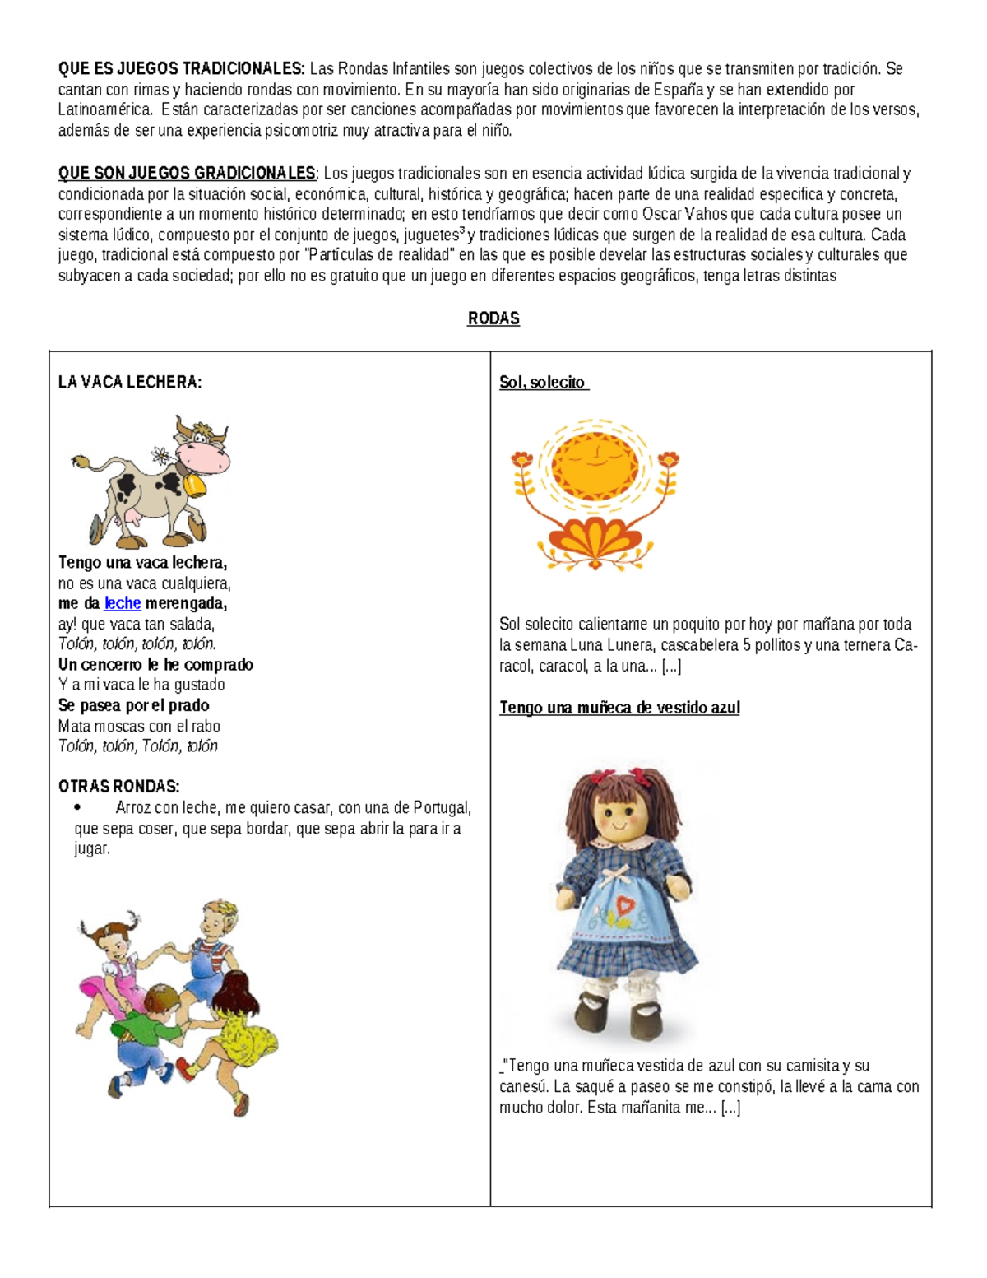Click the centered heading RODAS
[x=493, y=318]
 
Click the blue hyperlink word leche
[x=123, y=603]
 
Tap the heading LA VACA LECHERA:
[x=130, y=382]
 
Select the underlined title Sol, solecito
[x=543, y=382]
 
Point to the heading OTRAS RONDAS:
[x=118, y=787]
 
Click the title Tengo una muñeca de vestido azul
[x=619, y=708]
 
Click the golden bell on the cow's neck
[x=196, y=486]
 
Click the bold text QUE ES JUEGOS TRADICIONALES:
[x=181, y=68]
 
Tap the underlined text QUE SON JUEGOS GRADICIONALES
[x=187, y=174]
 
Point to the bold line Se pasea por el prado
[x=133, y=705]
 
